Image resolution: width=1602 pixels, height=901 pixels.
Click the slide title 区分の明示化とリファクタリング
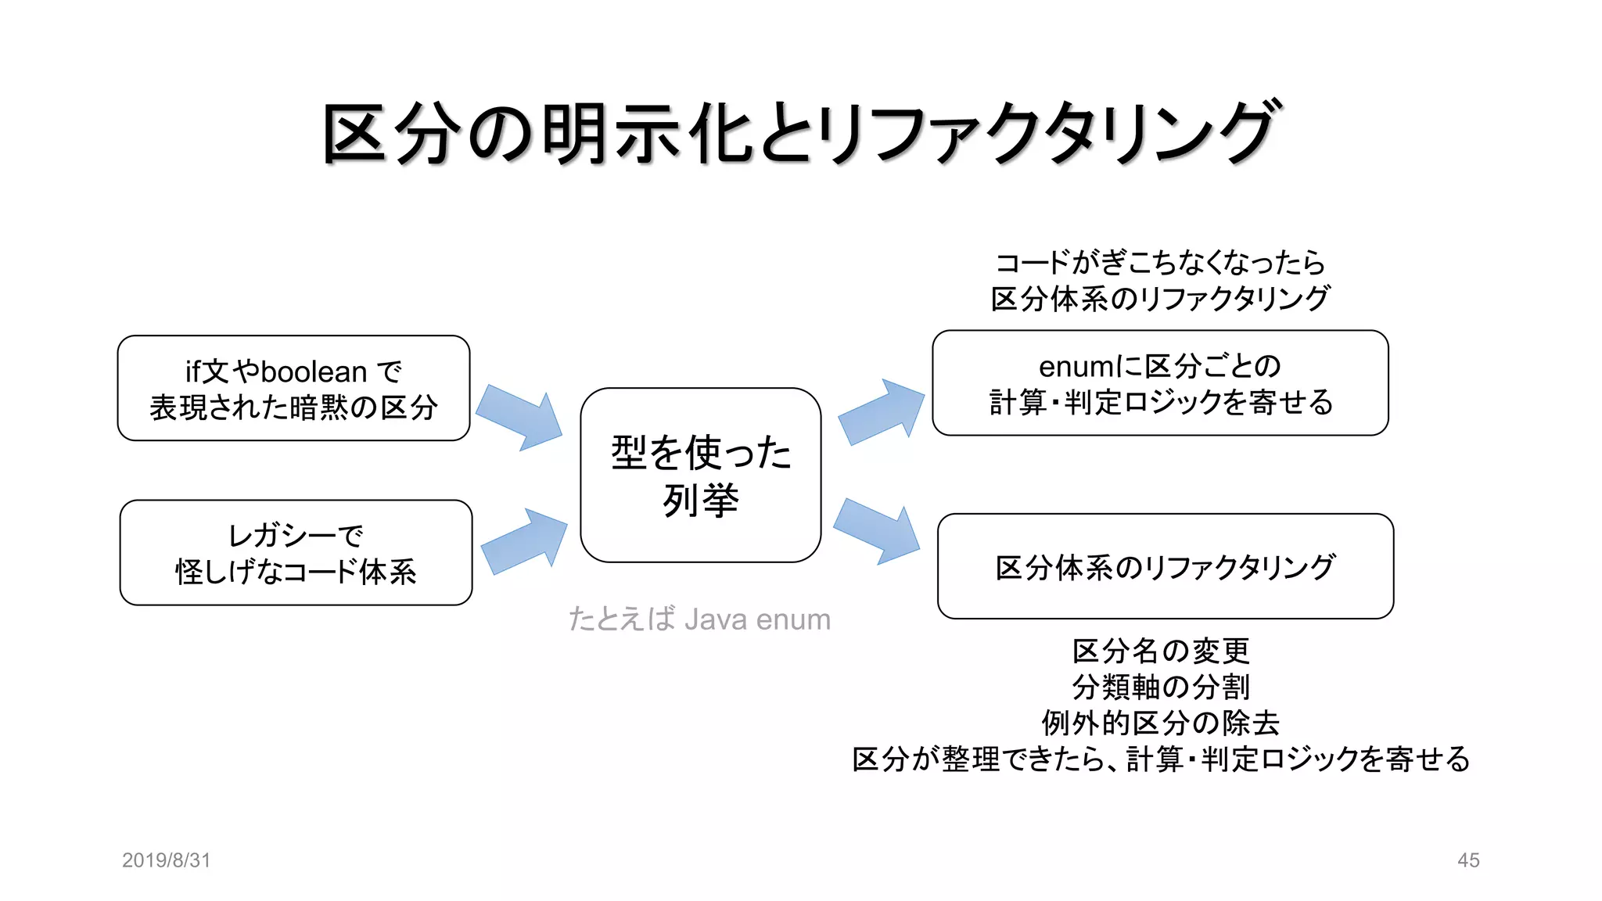(801, 133)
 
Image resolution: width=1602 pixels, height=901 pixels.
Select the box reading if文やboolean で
(293, 388)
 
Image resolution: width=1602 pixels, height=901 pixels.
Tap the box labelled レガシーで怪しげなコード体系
(296, 552)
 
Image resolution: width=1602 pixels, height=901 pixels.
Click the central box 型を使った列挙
(700, 475)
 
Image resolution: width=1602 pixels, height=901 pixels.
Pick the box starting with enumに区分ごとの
(1160, 382)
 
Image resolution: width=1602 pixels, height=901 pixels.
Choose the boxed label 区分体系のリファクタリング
(1165, 566)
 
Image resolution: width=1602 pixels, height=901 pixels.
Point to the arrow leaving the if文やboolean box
(519, 417)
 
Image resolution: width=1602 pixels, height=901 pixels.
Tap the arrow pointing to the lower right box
(877, 530)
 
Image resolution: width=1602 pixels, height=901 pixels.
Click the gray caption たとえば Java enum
(699, 619)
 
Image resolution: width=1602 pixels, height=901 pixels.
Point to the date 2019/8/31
(166, 860)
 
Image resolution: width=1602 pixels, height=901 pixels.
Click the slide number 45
(1468, 860)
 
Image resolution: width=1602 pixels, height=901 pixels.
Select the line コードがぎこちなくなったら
(1160, 263)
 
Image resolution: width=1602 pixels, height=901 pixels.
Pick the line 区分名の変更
(1160, 651)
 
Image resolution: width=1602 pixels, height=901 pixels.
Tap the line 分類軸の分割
(1160, 687)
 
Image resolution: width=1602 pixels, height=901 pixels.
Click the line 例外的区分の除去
(1160, 723)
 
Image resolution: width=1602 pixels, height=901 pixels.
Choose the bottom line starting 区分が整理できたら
(1160, 759)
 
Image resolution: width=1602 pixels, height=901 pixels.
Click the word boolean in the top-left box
(314, 372)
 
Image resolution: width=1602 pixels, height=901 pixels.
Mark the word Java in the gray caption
(715, 619)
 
